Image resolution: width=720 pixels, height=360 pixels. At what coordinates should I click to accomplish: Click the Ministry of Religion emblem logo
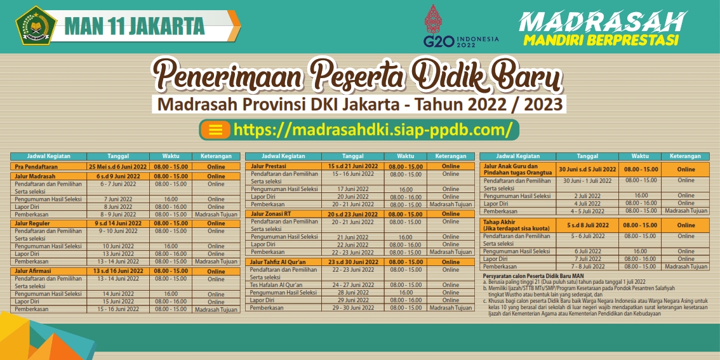coord(36,25)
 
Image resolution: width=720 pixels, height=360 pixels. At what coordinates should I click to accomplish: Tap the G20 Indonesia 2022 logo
coord(460,26)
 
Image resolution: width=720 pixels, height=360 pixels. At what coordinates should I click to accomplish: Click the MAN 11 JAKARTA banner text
coord(135,26)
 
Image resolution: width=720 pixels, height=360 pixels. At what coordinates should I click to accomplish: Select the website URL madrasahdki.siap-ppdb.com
coord(373,130)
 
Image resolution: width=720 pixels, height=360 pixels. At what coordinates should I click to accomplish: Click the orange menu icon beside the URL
coord(215,130)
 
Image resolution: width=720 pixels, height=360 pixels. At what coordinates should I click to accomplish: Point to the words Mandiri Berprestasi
coord(601,40)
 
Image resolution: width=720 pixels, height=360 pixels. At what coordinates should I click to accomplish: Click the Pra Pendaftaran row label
coord(36,167)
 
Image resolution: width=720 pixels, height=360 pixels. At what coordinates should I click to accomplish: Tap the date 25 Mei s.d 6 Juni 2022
coord(118,167)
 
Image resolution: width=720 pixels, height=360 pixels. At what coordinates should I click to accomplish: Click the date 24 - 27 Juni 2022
coord(352,284)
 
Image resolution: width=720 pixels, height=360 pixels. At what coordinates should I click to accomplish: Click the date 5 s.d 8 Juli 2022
coord(588,225)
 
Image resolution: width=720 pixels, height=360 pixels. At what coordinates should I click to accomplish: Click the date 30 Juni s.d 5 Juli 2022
coord(588,169)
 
